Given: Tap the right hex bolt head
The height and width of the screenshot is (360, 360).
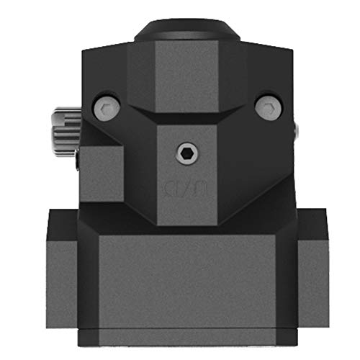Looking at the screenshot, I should pyautogui.click(x=268, y=107).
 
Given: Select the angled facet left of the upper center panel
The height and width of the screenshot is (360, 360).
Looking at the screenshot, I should pyautogui.click(x=141, y=76).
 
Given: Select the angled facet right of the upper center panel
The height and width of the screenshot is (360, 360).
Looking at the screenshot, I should pyautogui.click(x=235, y=76).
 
